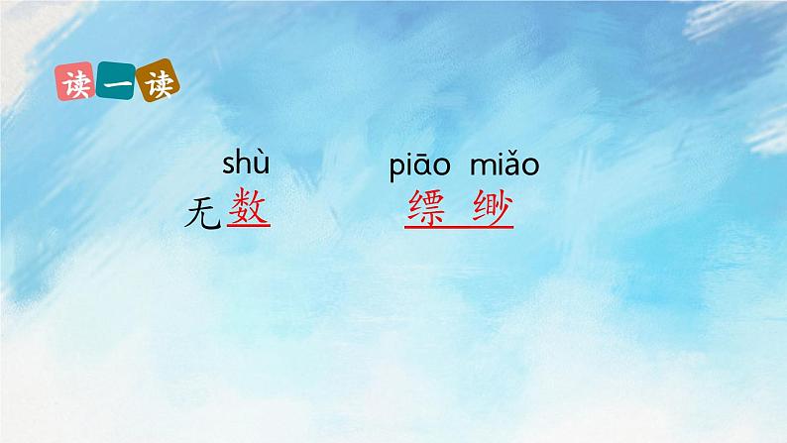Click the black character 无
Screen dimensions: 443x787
click(x=203, y=212)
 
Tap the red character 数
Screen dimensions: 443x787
click(x=248, y=208)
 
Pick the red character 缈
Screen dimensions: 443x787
click(x=491, y=208)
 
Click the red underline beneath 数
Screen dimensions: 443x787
click(x=248, y=227)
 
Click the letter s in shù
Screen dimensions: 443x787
click(x=229, y=165)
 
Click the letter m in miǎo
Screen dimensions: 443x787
click(x=478, y=166)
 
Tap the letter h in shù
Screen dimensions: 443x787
click(x=245, y=162)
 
